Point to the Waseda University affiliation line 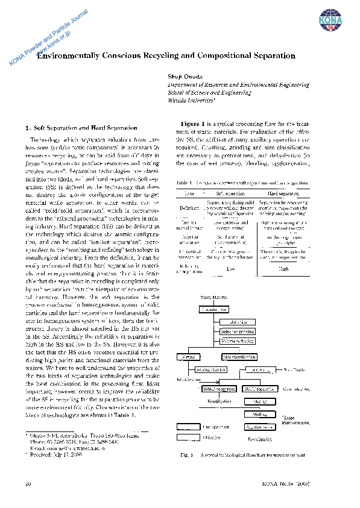point(188,102)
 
